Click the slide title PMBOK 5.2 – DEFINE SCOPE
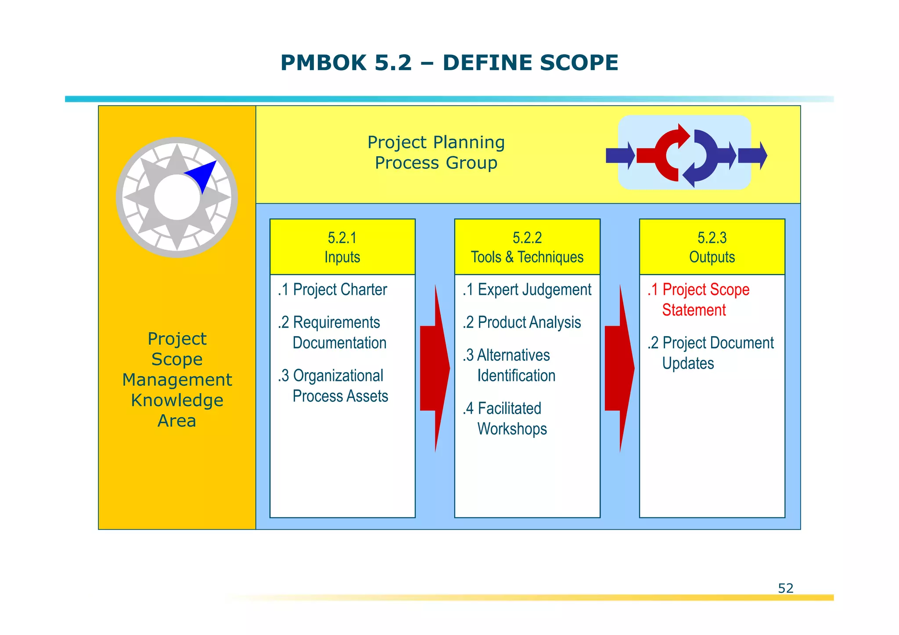449,63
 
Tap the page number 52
785,588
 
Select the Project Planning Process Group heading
436,152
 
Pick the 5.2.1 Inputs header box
342,247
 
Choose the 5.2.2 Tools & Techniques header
527,247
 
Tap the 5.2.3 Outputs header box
712,247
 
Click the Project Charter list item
333,290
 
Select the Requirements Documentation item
333,333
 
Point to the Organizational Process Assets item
334,386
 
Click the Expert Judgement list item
527,290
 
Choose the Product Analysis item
522,323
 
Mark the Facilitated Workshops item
505,419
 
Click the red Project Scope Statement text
699,300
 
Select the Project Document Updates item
711,353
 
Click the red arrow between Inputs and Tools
435,368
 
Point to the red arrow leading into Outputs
619,368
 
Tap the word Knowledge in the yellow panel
177,400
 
